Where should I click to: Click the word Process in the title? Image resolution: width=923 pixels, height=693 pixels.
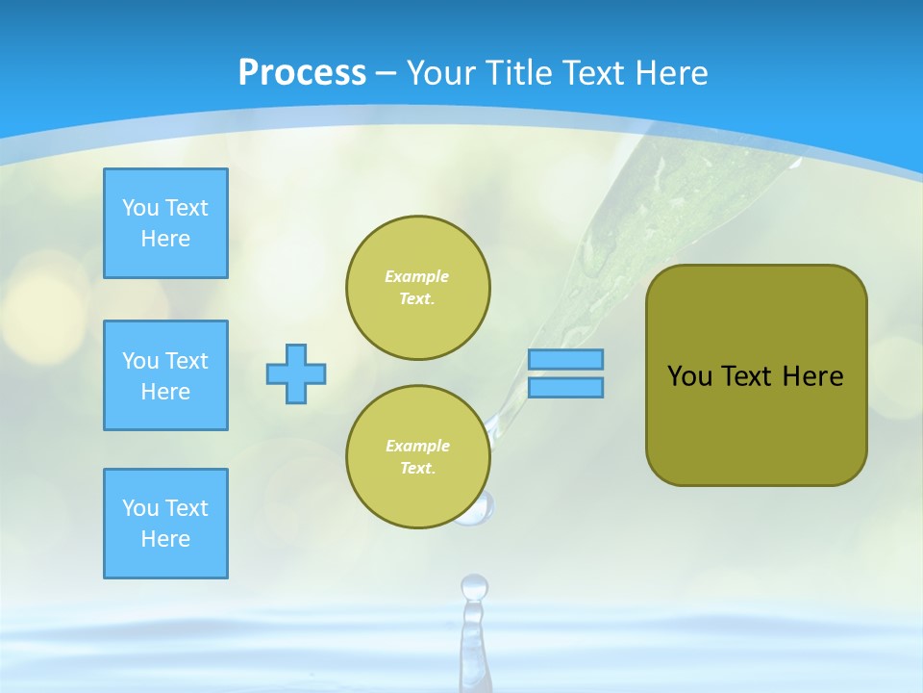click(x=302, y=73)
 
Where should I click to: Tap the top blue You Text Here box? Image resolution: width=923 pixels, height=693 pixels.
click(x=165, y=223)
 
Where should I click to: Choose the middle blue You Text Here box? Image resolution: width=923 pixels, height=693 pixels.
click(x=165, y=375)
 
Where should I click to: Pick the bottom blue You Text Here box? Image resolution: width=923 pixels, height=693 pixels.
click(x=165, y=524)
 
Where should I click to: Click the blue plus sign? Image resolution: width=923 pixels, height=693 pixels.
click(x=296, y=373)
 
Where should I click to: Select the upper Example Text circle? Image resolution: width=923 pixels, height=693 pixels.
click(x=417, y=288)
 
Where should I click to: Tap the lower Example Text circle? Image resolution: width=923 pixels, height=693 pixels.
click(x=417, y=457)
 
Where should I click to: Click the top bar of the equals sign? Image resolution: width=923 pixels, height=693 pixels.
click(x=565, y=359)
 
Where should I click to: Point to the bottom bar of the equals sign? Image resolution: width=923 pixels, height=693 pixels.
click(x=565, y=388)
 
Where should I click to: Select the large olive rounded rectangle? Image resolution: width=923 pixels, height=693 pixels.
click(x=756, y=423)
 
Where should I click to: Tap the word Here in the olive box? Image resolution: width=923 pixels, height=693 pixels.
click(x=812, y=376)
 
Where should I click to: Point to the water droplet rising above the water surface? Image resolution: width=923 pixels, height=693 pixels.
click(x=473, y=587)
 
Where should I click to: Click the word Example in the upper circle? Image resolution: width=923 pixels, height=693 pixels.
click(x=417, y=276)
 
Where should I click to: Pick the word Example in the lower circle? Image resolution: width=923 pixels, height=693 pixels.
click(x=417, y=446)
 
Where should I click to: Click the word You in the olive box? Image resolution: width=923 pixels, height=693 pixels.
click(x=689, y=376)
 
